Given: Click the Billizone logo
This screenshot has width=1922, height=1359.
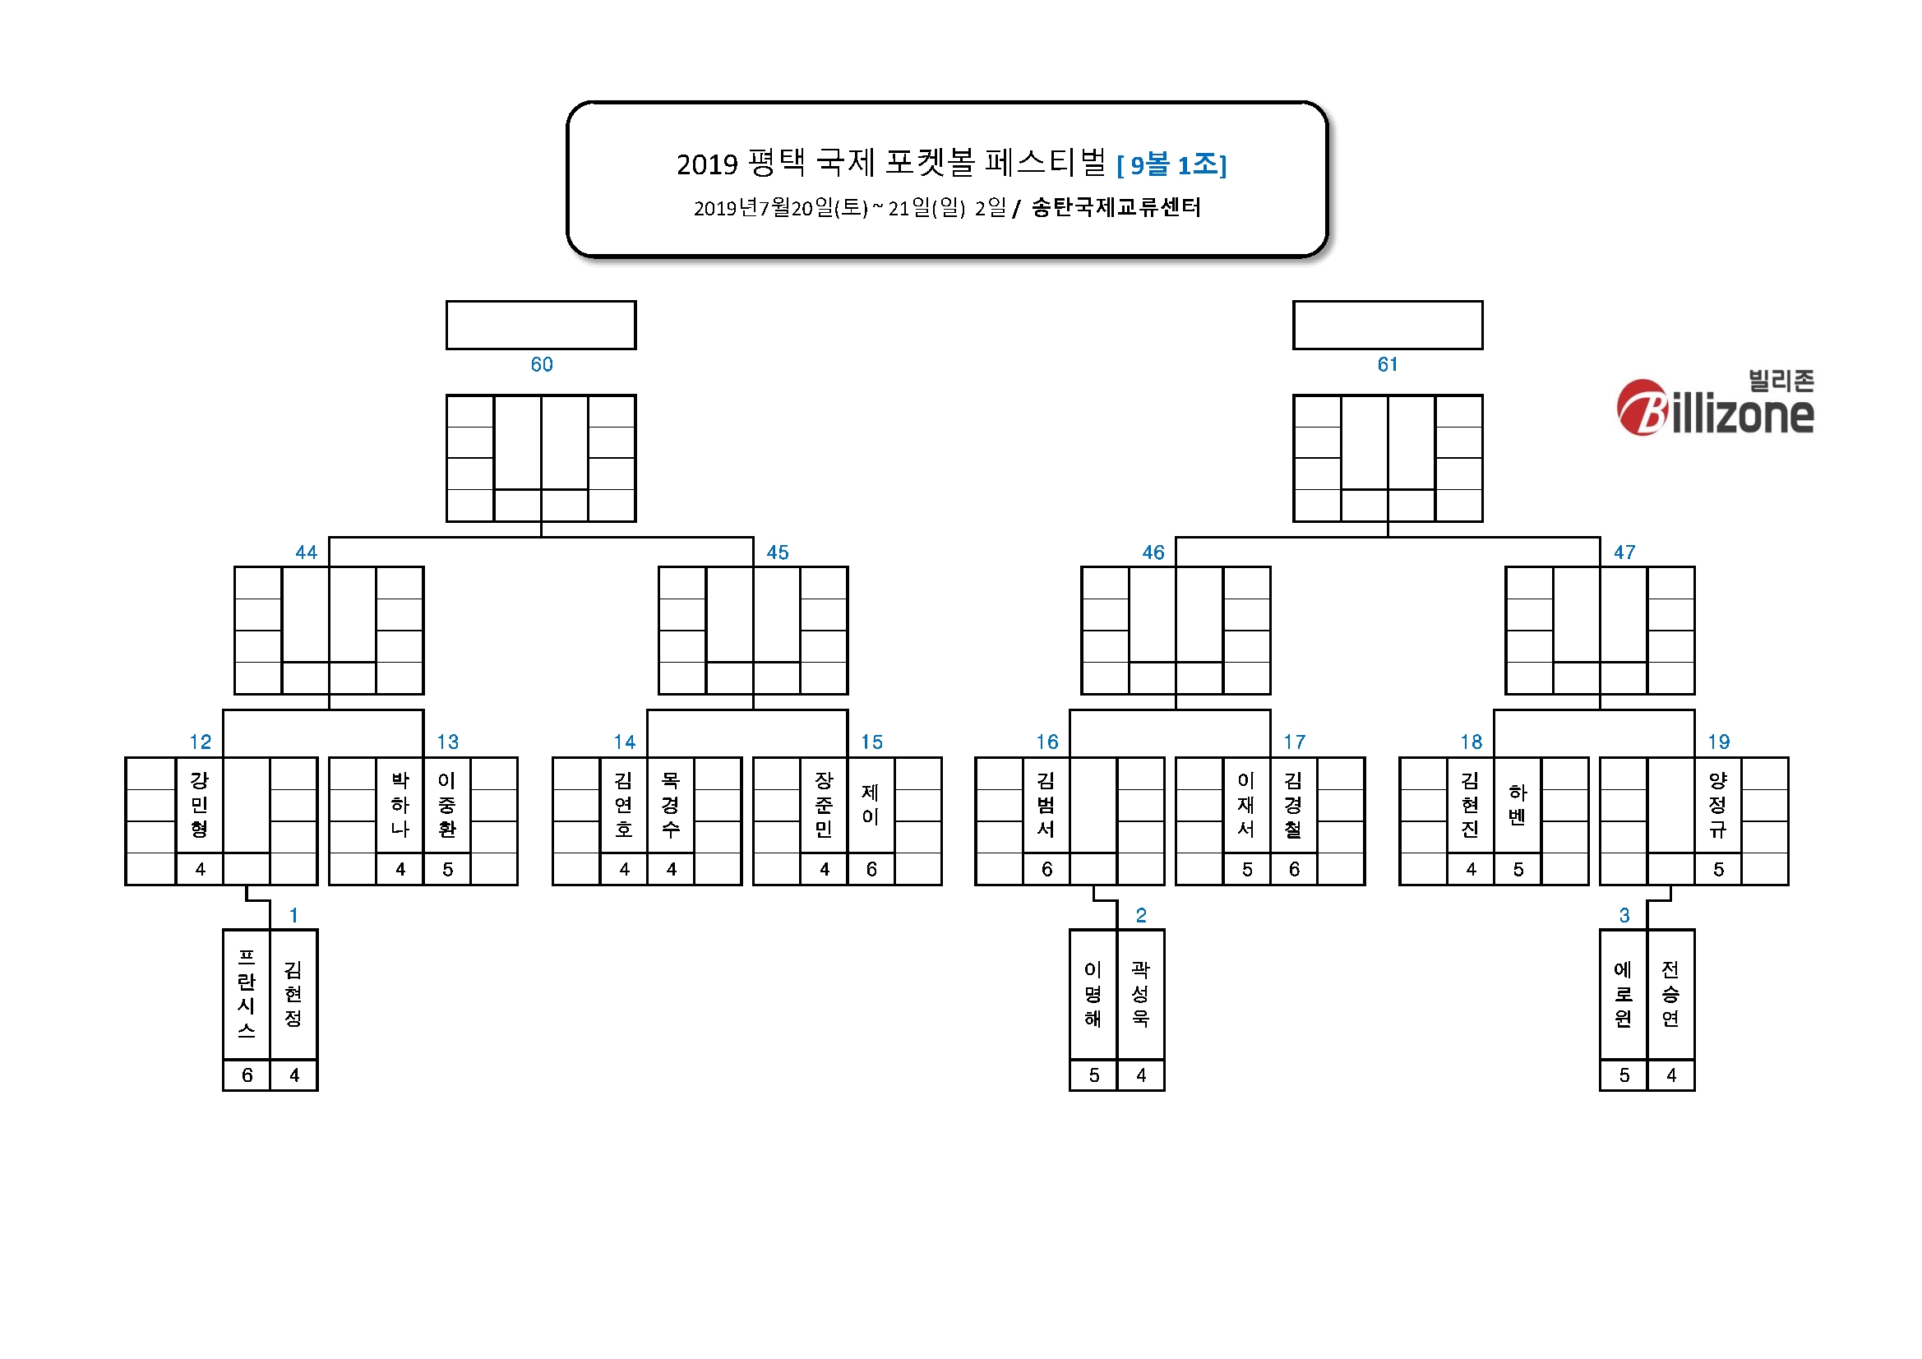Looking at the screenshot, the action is [x=1715, y=404].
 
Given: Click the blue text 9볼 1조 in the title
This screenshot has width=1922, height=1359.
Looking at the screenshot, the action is [x=1172, y=165].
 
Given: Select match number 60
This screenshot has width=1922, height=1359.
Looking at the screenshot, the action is [x=542, y=364].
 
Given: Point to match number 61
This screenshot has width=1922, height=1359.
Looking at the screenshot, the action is [x=1387, y=364].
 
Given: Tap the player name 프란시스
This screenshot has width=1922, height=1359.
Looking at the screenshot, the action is [x=246, y=994].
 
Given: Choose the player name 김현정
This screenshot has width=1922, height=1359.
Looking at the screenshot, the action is [x=293, y=994].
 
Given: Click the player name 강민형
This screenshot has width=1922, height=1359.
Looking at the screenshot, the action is [x=199, y=805].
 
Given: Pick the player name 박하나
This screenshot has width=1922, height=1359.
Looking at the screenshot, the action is [x=400, y=805].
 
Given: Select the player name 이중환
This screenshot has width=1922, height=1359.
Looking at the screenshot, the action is [x=447, y=805].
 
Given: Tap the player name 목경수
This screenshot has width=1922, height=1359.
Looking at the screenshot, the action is [x=671, y=805].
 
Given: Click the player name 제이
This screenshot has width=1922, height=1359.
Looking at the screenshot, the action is [x=871, y=805].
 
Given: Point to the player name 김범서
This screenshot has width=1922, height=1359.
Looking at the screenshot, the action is [x=1046, y=805].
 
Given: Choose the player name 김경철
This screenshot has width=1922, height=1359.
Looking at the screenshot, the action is [x=1293, y=805].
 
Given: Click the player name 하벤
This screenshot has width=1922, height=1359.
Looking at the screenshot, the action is [x=1518, y=805].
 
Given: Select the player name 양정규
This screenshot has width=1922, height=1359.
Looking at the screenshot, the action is [x=1718, y=805].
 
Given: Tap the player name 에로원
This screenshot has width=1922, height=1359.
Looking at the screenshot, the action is [x=1623, y=994].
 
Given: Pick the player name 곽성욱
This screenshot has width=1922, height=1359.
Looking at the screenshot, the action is [x=1140, y=994].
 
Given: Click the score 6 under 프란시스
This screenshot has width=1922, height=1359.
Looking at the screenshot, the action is [x=247, y=1075].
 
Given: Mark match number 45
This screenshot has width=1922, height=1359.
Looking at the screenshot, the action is [x=778, y=552].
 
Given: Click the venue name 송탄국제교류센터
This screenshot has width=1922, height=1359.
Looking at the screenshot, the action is [x=1116, y=207].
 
